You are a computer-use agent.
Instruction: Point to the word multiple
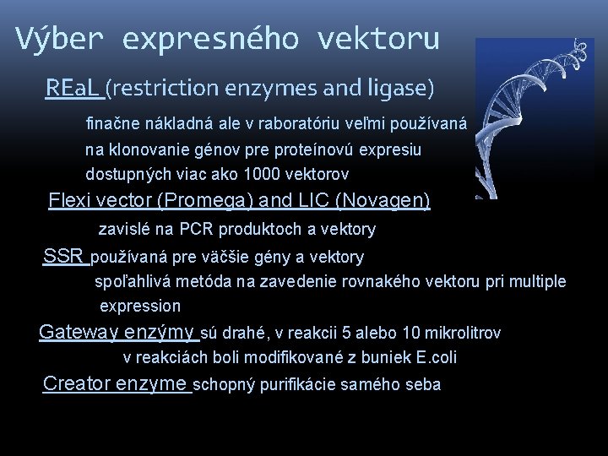click(537, 281)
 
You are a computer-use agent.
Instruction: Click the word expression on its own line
click(140, 305)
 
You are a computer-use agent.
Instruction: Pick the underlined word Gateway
click(79, 332)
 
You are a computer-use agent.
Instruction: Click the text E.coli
click(438, 358)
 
